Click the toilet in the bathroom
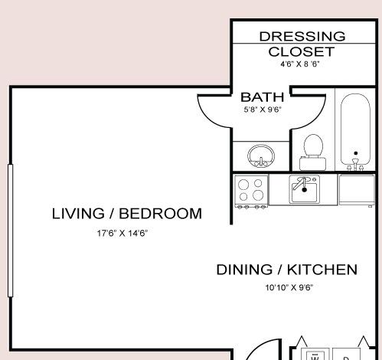tap(313, 152)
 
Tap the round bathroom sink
tap(261, 156)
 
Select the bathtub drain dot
tap(356, 153)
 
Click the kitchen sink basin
tap(304, 189)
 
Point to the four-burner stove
tap(251, 191)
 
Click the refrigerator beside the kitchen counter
tap(357, 190)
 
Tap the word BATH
tap(263, 97)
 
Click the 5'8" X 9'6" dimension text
tap(263, 110)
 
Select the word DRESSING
tap(302, 37)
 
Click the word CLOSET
tap(302, 52)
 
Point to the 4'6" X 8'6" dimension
tap(300, 64)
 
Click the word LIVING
tap(78, 214)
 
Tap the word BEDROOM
tap(161, 214)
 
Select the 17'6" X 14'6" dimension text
tap(122, 233)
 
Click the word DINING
tap(244, 270)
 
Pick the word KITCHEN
tap(322, 270)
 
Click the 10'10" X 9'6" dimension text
tap(289, 287)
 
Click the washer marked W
tap(315, 355)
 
